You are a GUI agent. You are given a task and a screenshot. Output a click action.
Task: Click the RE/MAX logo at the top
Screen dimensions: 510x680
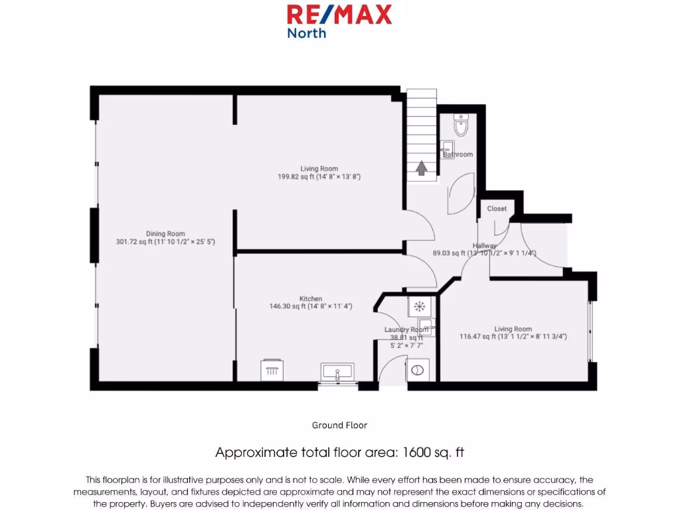tap(339, 14)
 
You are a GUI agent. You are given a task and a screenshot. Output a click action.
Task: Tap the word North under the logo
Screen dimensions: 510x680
tap(306, 33)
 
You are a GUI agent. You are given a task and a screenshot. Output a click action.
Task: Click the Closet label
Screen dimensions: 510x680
tap(497, 209)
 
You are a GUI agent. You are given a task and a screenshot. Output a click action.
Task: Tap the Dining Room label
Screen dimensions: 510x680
tap(165, 234)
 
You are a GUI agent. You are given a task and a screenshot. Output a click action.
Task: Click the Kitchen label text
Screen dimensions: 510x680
tap(311, 299)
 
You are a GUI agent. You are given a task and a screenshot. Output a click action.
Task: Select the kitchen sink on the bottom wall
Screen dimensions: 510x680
tap(338, 372)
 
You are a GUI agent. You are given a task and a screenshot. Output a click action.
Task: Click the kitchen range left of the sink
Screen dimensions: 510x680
tap(272, 369)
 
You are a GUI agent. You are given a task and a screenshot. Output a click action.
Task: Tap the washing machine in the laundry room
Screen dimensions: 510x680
tap(418, 371)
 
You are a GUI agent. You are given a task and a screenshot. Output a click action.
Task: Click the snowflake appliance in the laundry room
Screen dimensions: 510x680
tap(419, 306)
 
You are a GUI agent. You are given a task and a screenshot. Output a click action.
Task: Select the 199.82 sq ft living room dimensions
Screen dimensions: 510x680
tap(319, 177)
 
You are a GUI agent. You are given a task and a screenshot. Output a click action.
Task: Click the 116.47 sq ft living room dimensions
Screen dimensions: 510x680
tap(513, 337)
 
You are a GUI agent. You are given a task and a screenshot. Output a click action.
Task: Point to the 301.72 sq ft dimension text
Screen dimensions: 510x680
tap(165, 242)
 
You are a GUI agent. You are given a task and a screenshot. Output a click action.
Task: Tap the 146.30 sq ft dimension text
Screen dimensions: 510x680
tap(311, 307)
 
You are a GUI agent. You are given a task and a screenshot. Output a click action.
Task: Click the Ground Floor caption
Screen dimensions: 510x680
tap(339, 425)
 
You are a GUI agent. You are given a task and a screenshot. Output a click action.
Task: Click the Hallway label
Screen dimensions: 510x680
tap(485, 246)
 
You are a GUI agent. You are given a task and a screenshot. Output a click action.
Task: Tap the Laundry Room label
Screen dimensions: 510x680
tap(406, 329)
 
